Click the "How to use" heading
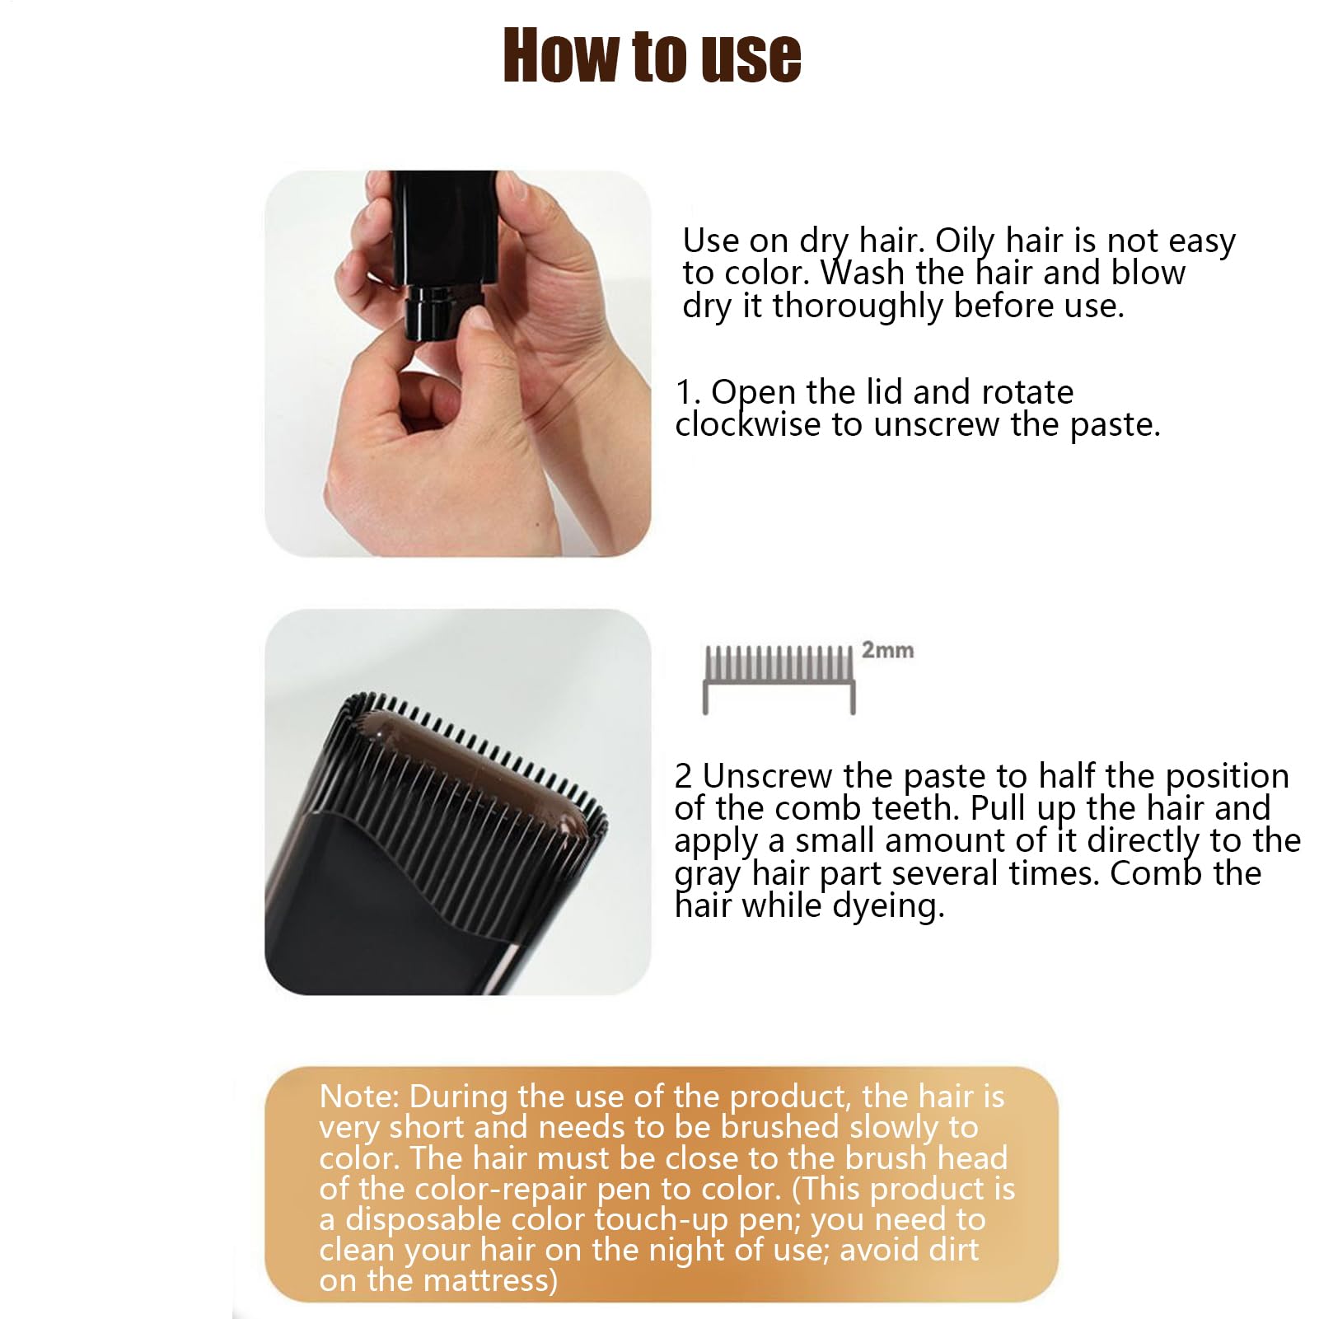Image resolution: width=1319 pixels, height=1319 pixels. tap(652, 56)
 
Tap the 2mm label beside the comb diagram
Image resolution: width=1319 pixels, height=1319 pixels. tap(887, 650)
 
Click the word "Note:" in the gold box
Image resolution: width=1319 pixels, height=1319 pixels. tap(360, 1097)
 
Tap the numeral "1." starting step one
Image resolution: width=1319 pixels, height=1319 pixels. tap(688, 393)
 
